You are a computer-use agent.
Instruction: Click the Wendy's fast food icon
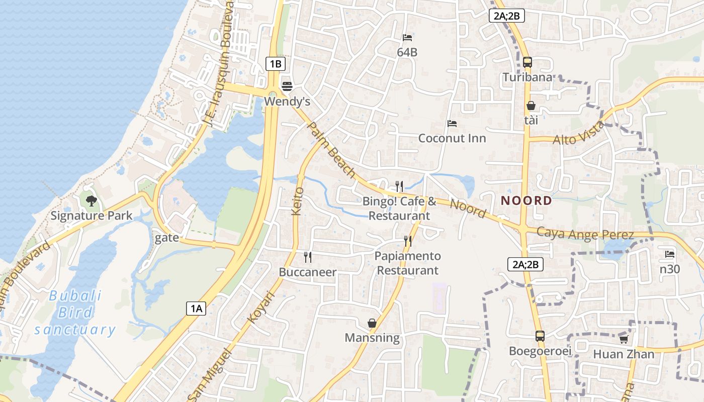pos(287,86)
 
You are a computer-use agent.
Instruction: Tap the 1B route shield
pos(276,64)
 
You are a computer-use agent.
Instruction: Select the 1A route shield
pos(196,308)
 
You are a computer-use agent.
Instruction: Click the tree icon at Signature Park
pos(91,201)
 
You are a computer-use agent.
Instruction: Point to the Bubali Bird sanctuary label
pos(75,313)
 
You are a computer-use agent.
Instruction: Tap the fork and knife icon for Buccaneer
pos(308,257)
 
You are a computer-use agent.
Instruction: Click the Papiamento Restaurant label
pos(407,263)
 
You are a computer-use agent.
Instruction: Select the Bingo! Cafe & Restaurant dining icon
pos(399,186)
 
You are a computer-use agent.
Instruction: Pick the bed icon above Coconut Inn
pos(452,124)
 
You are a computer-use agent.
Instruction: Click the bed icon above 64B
pos(407,37)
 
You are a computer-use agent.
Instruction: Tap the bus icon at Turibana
pos(527,62)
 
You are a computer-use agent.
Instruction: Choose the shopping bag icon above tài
pos(531,106)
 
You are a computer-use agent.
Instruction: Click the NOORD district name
pos(526,201)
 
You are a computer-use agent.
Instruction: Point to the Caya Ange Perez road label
pos(585,234)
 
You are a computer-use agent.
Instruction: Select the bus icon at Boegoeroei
pos(540,336)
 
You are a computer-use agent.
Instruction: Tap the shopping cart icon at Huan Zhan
pos(624,339)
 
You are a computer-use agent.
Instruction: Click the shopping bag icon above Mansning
pos(372,323)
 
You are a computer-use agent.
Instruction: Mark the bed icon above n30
pos(669,254)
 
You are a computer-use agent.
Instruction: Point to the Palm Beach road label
pos(331,149)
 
